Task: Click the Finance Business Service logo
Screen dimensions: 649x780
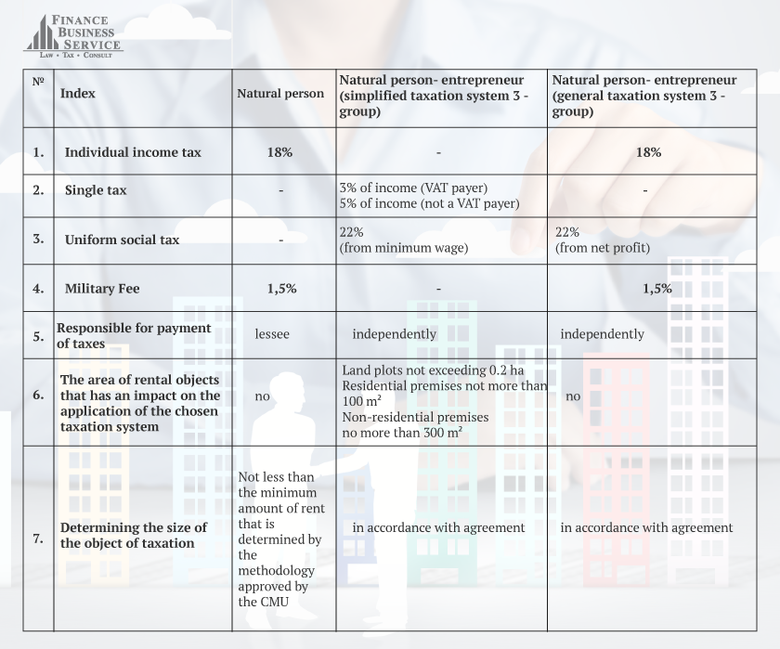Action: click(x=72, y=34)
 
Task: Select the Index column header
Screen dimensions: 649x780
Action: click(x=77, y=93)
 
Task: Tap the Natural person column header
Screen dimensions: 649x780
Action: click(x=280, y=93)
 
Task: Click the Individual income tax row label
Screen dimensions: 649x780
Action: click(x=133, y=152)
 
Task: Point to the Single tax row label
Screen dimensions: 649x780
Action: click(x=96, y=189)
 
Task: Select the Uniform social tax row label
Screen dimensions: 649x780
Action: click(x=122, y=240)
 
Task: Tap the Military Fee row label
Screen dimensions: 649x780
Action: click(x=102, y=289)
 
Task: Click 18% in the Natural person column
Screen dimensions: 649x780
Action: click(x=280, y=152)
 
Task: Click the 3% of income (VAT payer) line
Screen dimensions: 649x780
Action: click(x=413, y=188)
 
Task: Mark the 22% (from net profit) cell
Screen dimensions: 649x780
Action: click(x=601, y=240)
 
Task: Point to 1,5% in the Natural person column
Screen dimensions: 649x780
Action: click(x=281, y=289)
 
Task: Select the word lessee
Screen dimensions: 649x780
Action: click(x=272, y=333)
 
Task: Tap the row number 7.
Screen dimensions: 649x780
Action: click(x=38, y=538)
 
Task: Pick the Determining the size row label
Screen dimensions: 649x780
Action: click(x=134, y=535)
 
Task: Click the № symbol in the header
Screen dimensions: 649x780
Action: click(x=38, y=82)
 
